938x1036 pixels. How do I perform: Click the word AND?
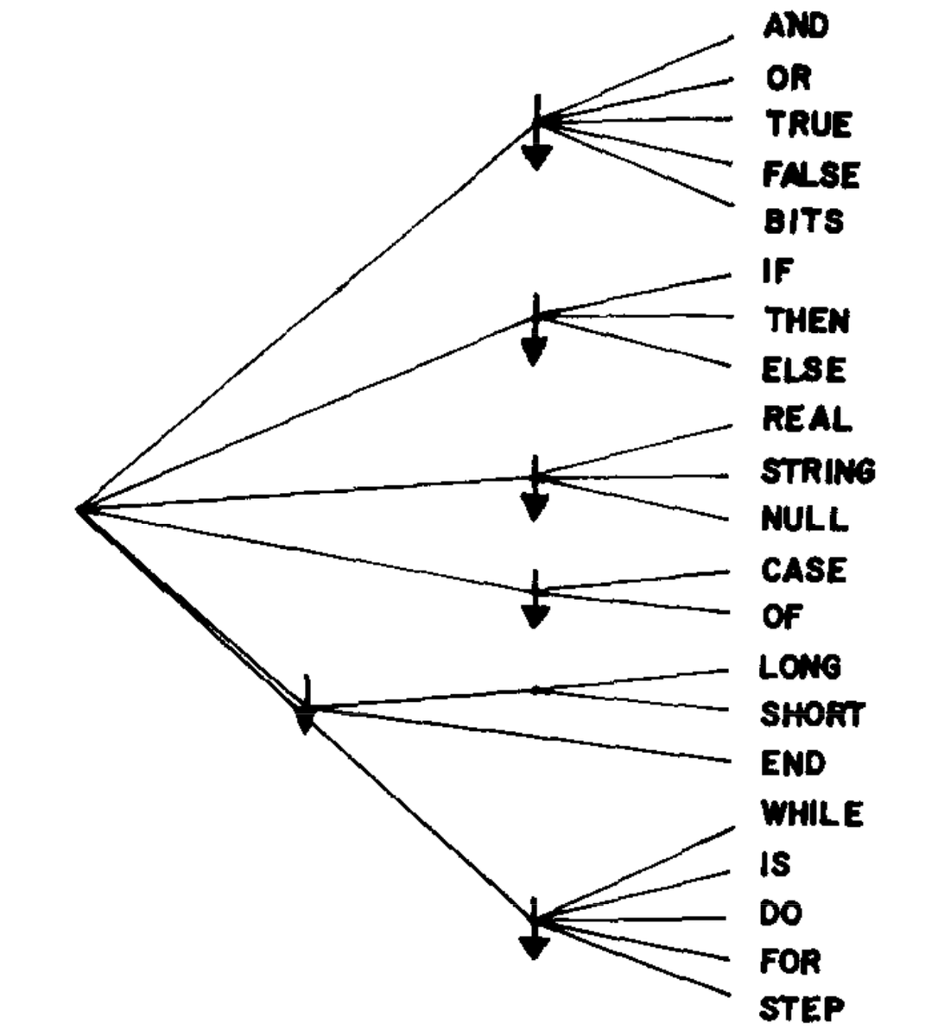pyautogui.click(x=795, y=27)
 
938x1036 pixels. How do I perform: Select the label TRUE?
pyautogui.click(x=808, y=124)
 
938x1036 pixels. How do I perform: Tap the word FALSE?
pyautogui.click(x=810, y=174)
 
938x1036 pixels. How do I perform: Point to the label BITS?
pyautogui.click(x=803, y=223)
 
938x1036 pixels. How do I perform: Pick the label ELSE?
pyautogui.click(x=803, y=370)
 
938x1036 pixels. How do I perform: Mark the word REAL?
pyautogui.click(x=807, y=420)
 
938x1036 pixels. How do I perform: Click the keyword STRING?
pyautogui.click(x=817, y=471)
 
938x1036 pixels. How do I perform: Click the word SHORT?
pyautogui.click(x=811, y=715)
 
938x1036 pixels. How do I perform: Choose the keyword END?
pyautogui.click(x=793, y=763)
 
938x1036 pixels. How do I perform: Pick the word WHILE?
pyautogui.click(x=811, y=813)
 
